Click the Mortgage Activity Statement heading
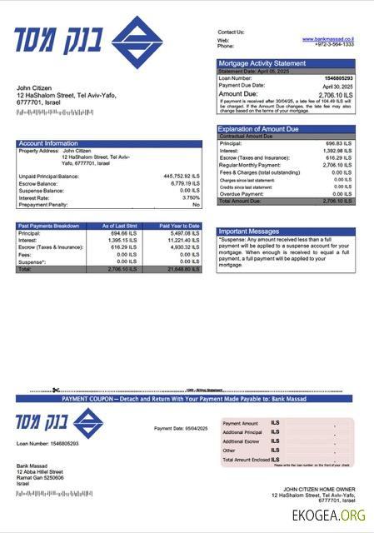click(x=262, y=63)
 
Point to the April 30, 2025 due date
click(x=338, y=86)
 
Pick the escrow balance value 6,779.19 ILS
click(x=184, y=183)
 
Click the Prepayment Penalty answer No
click(x=196, y=204)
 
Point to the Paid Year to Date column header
click(x=179, y=226)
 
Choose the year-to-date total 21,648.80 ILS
click(x=180, y=269)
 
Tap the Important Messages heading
click(x=248, y=232)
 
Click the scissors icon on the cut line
click(x=56, y=390)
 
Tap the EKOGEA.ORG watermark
click(x=328, y=516)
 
